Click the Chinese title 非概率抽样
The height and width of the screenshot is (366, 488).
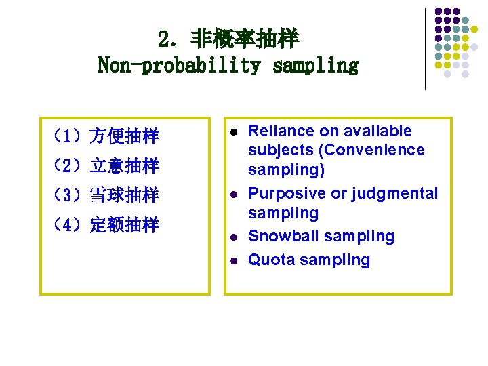point(244,39)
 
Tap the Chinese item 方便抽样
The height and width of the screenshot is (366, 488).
point(124,137)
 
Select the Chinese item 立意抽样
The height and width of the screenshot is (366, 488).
point(124,165)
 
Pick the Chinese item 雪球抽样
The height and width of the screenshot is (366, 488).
point(124,196)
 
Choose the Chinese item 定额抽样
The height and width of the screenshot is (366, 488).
point(124,225)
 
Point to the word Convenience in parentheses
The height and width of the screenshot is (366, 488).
point(382,150)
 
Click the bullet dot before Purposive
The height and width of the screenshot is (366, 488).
point(232,194)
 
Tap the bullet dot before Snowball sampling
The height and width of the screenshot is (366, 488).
point(232,237)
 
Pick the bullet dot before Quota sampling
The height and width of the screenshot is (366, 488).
point(232,260)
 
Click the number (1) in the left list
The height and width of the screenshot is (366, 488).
point(68,137)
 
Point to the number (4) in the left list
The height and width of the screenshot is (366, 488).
point(68,225)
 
